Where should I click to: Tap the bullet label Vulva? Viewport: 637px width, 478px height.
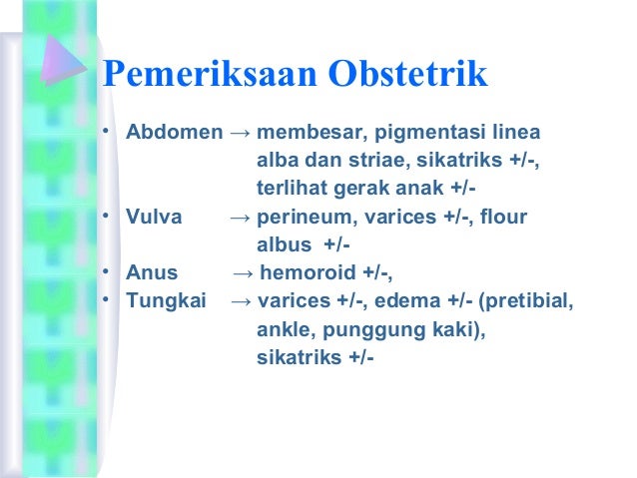point(152,217)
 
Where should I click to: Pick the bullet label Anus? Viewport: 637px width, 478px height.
point(152,272)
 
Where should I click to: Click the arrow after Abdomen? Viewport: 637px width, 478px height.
point(240,133)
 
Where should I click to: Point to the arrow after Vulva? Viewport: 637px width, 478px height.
point(240,217)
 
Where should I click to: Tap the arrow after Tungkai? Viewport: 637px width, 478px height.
point(241,300)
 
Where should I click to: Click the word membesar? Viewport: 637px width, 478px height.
point(304,133)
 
